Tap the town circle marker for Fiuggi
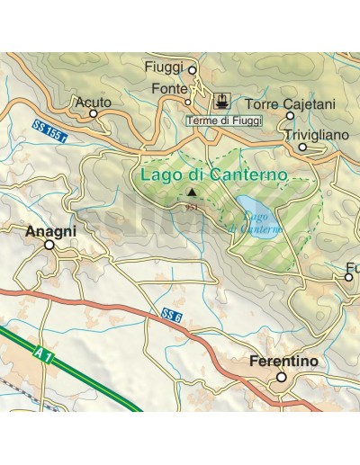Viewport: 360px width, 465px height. (192, 68)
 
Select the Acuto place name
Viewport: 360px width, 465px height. (94, 103)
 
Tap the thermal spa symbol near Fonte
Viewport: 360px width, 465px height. (220, 98)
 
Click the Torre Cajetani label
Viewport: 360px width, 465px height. (290, 104)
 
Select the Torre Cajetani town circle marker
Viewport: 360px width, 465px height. (290, 115)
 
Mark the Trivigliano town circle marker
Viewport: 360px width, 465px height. (303, 147)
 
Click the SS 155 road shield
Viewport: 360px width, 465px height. (48, 130)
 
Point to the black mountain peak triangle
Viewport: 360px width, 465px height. (190, 192)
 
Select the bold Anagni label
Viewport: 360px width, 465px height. (50, 230)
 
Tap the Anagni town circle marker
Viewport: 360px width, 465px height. (49, 244)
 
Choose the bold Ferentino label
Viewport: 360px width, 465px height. (283, 362)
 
